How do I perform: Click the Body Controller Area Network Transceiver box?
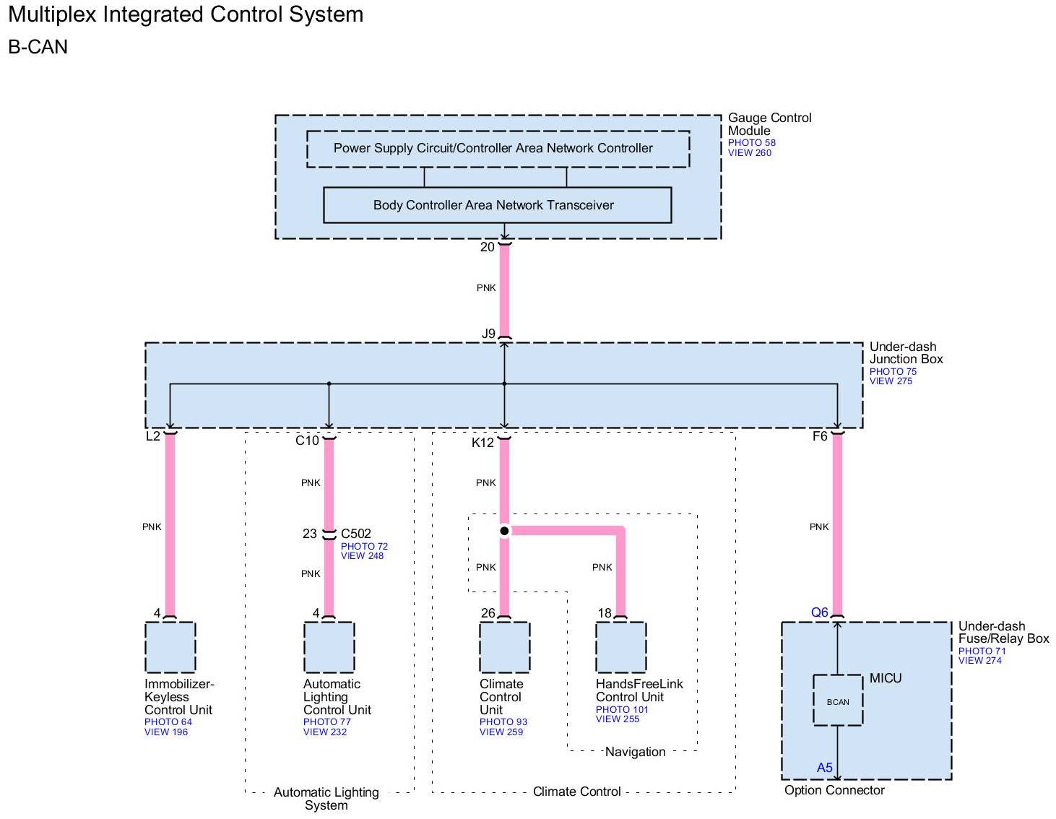pos(497,205)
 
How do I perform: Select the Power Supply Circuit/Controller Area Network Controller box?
pos(498,149)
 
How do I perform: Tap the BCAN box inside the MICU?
pos(838,701)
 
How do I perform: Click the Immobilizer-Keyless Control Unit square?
pos(170,647)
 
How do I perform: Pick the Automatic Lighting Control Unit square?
pos(329,647)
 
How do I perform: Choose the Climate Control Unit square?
pos(505,647)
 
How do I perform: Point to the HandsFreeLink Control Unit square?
pos(621,647)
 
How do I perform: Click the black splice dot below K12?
pos(504,531)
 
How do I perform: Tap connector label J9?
pos(489,334)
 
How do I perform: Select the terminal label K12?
pos(482,443)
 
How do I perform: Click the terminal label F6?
pos(820,436)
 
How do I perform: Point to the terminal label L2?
pos(153,436)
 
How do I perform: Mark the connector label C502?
pos(356,534)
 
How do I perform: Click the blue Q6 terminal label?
pos(820,612)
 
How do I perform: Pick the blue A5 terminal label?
pos(825,768)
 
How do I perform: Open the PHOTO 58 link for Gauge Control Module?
pos(751,143)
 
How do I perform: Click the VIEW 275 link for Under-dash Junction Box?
pos(891,381)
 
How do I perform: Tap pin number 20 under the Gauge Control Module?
pos(488,247)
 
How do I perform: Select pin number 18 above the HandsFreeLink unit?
pos(605,613)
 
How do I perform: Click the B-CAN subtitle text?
pos(38,47)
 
